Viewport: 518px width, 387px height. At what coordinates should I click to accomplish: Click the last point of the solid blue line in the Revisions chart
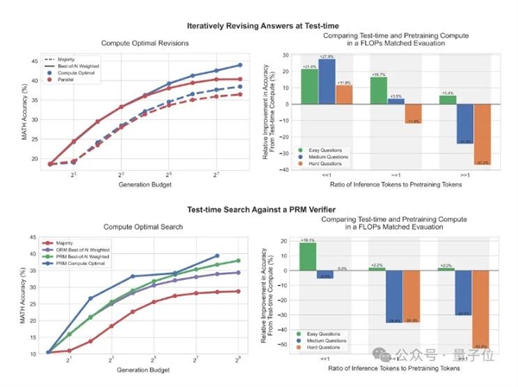240,65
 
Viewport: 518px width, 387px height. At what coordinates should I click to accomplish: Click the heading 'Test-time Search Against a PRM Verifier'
258,209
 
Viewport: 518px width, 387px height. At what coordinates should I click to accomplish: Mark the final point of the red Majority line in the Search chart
239,291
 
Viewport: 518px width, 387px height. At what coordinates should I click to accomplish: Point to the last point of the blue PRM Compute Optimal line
218,256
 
